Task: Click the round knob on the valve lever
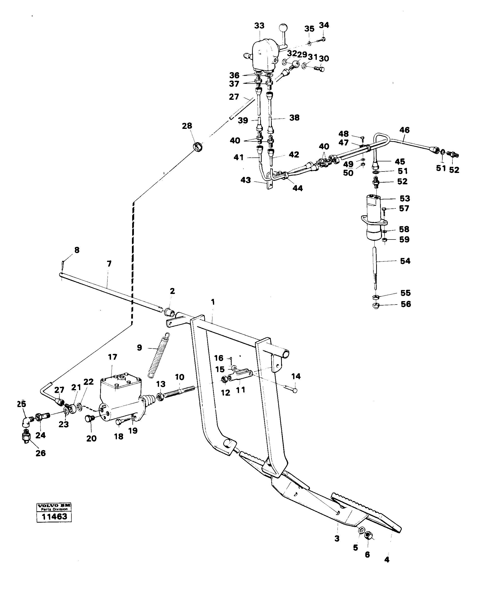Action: point(283,28)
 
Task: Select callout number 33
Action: point(259,26)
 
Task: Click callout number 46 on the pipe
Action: point(404,130)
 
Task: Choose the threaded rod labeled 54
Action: point(375,268)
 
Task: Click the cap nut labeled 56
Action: point(375,307)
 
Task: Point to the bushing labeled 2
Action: point(170,312)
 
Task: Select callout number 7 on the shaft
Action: point(109,264)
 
